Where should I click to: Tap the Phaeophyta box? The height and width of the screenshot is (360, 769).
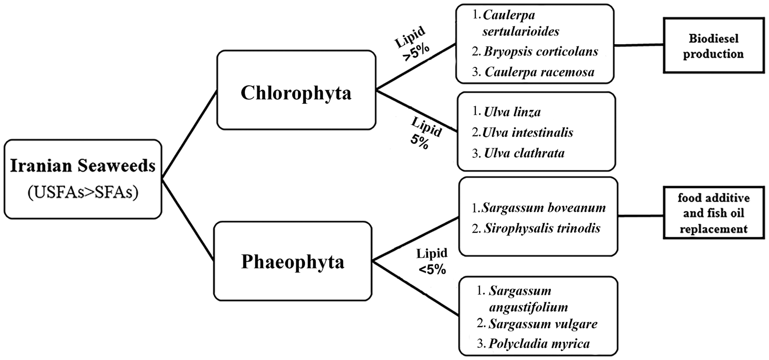pyautogui.click(x=293, y=261)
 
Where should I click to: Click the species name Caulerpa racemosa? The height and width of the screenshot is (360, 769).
pyautogui.click(x=540, y=72)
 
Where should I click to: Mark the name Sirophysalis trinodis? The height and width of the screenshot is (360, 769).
pyautogui.click(x=542, y=228)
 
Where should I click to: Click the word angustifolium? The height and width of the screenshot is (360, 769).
pyautogui.click(x=528, y=308)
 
